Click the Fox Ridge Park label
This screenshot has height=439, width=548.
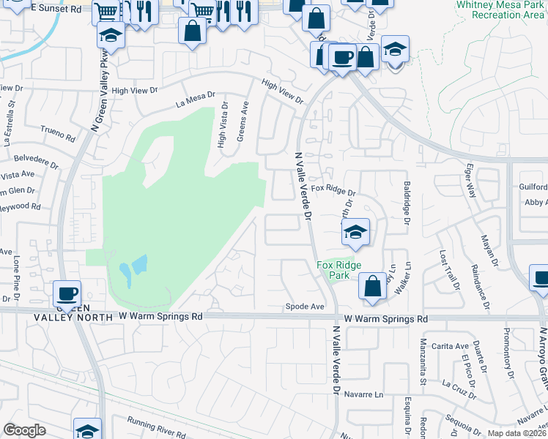pyautogui.click(x=338, y=270)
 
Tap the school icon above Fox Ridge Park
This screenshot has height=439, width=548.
pyautogui.click(x=355, y=233)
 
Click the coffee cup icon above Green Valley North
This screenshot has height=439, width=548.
pyautogui.click(x=67, y=293)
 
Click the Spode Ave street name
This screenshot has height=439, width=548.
pyautogui.click(x=304, y=307)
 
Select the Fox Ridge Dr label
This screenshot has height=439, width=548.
pyautogui.click(x=333, y=190)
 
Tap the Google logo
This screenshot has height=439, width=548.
pyautogui.click(x=24, y=430)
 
